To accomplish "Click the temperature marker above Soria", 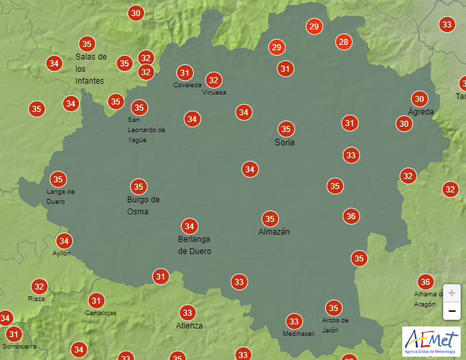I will pos(286,129).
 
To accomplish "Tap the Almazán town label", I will pos(274,232).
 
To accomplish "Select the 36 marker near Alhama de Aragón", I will pos(424,282).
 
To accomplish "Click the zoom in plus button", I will pos(451,294).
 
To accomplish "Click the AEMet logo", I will pos(431,341).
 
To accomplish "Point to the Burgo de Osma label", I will pos(143,206).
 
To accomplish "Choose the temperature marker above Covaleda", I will pos(185,72).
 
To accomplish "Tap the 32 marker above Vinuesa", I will pos(214,80).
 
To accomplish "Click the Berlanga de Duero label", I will pos(194,245).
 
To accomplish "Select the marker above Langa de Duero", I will pos(58,179).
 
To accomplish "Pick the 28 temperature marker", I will pos(344,42).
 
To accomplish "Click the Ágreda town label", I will pos(421,111).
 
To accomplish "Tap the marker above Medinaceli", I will pos(294,322).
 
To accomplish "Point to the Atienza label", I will pos(189,326).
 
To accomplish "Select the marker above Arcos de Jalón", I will pos(333,308).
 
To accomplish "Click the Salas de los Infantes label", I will pos(91,69).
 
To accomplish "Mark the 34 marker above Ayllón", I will pos(64,241).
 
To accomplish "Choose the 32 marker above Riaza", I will pos(40,286).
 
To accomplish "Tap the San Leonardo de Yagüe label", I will pos(146,130).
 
